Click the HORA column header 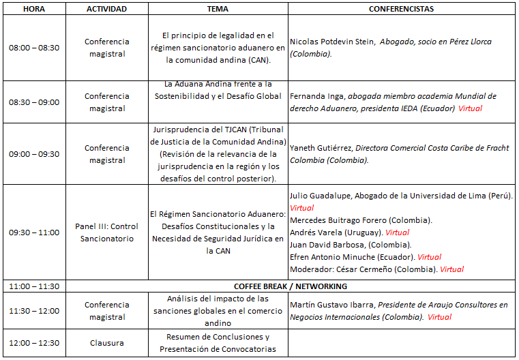(33, 9)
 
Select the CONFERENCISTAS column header (401, 9)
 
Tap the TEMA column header (218, 9)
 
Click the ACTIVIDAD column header (107, 9)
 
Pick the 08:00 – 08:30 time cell (33, 48)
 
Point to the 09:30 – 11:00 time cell (33, 232)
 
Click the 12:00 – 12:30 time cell (33, 343)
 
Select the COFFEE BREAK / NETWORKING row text (291, 286)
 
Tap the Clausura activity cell (107, 343)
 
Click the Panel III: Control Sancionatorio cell (107, 232)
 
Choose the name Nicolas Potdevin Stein (332, 42)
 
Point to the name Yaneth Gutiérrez (321, 147)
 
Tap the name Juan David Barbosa (324, 245)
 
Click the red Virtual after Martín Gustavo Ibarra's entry (439, 317)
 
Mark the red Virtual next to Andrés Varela (397, 232)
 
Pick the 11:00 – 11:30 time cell (33, 286)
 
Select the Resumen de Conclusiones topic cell (218, 343)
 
